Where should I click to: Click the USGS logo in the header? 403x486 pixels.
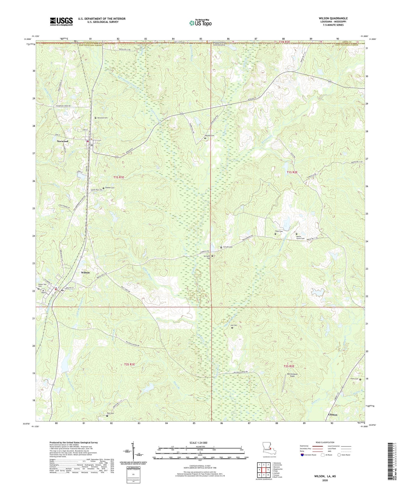pos(61,21)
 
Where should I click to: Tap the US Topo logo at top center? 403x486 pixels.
pos(200,23)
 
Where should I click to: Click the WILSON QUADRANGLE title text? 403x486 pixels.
pos(333,18)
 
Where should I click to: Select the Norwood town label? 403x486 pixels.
pos(62,141)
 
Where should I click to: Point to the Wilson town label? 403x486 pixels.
pos(85,273)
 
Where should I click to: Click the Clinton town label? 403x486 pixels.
pos(333,414)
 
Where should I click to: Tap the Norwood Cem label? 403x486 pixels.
pos(102,118)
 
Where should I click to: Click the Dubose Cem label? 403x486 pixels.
pos(109,188)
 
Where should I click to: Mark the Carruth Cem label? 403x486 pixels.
pos(228,247)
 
